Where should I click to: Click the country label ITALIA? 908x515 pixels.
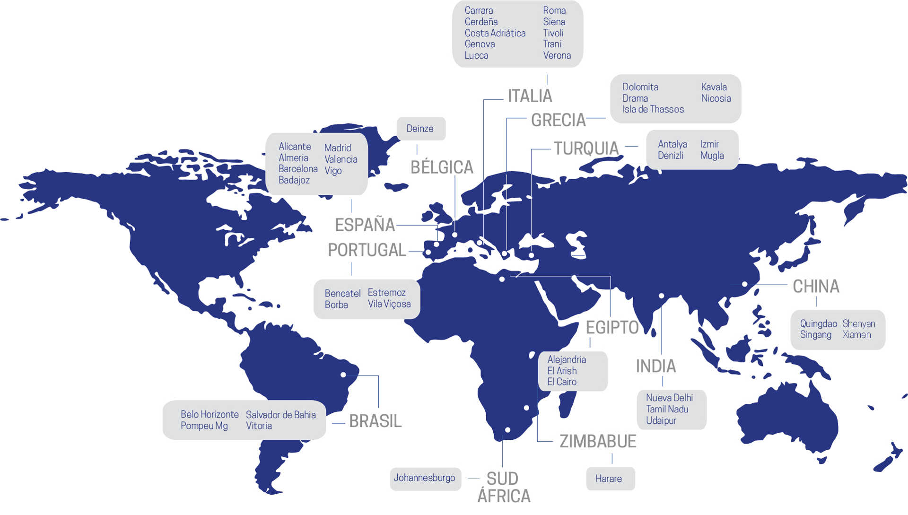530,96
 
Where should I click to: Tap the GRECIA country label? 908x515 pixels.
558,120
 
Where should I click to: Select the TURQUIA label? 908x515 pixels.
586,148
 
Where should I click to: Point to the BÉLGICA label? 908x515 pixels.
442,167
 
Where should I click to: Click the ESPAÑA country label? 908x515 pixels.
365,225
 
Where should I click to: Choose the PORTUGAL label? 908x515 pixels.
367,250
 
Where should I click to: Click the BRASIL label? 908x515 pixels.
375,421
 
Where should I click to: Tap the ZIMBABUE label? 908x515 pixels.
598,441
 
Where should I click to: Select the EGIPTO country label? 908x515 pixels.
612,327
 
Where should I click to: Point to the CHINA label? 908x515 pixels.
816,287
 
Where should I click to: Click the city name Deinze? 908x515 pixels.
420,129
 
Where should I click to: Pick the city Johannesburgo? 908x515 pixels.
424,478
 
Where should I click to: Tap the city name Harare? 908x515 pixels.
609,479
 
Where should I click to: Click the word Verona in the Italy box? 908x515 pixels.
557,55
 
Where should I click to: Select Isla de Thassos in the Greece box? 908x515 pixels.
653,109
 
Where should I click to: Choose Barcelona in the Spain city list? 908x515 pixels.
298,169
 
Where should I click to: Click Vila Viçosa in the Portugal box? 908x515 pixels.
389,304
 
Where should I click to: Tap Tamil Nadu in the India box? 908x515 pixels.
667,409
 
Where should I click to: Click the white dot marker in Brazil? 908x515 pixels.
343,375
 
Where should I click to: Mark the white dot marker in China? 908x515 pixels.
744,284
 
